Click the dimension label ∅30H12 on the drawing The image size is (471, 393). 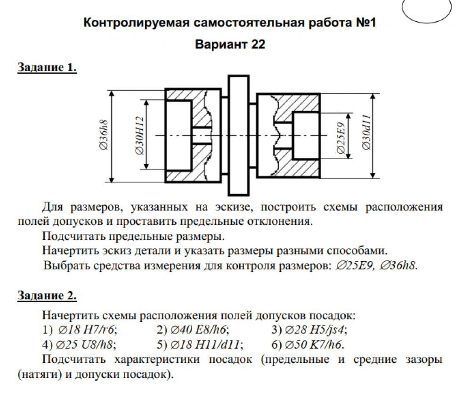[139, 136]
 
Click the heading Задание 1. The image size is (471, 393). [47, 67]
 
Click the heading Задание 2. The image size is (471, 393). [47, 296]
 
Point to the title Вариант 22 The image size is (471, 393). [230, 45]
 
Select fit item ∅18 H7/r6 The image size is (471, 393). [87, 329]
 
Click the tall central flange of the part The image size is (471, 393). [238, 135]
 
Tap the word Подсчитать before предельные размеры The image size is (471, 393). [69, 235]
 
